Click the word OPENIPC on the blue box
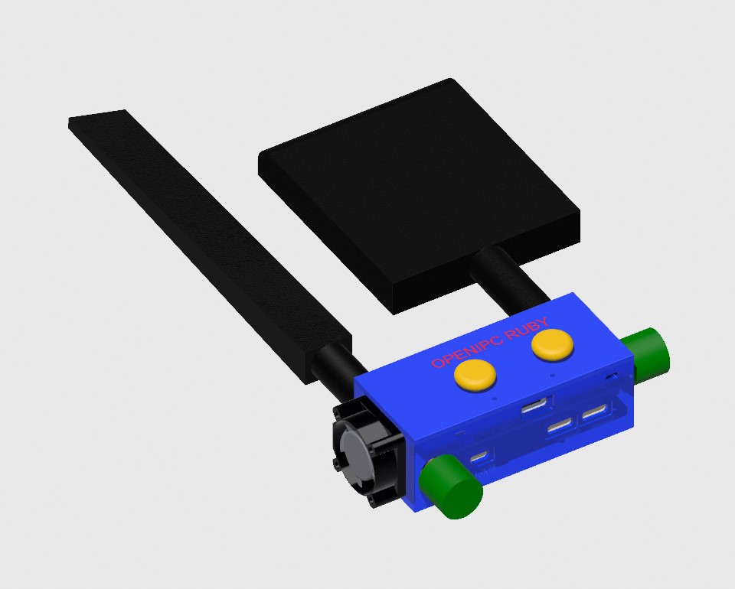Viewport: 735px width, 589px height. [x=462, y=353]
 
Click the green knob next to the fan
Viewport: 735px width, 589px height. [x=451, y=486]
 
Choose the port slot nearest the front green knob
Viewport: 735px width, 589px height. [x=480, y=457]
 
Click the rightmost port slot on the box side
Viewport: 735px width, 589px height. [x=596, y=415]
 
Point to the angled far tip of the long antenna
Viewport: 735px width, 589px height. [x=98, y=119]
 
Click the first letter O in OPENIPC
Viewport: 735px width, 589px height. [x=437, y=363]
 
